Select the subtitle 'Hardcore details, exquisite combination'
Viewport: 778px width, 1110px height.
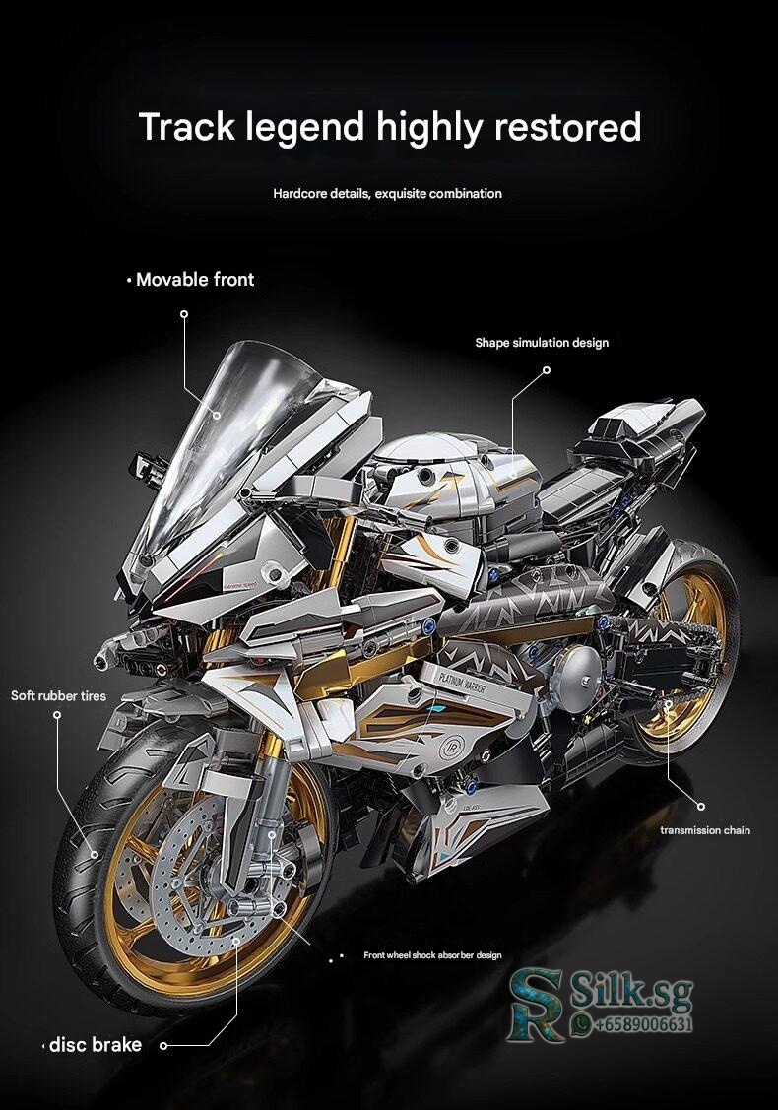pyautogui.click(x=387, y=194)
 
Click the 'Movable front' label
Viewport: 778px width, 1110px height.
pyautogui.click(x=195, y=280)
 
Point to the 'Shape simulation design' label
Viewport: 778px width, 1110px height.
pyautogui.click(x=542, y=343)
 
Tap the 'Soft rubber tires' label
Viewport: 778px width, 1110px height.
pyautogui.click(x=58, y=696)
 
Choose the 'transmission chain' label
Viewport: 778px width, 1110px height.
pyautogui.click(x=705, y=830)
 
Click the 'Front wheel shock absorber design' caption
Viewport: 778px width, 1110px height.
pyautogui.click(x=432, y=955)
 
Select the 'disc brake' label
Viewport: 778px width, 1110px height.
pyautogui.click(x=96, y=1045)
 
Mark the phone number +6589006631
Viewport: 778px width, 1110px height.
pyautogui.click(x=643, y=1025)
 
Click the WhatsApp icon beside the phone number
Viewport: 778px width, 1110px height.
pyautogui.click(x=581, y=1025)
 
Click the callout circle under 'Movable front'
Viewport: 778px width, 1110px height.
pyautogui.click(x=184, y=314)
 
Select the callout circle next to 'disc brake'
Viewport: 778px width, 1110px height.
pyautogui.click(x=163, y=1045)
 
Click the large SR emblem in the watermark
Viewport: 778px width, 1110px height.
pyautogui.click(x=537, y=1005)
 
